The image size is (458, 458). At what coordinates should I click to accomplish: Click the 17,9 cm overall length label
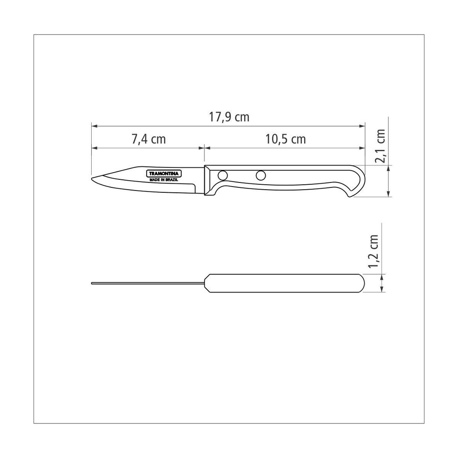point(229,117)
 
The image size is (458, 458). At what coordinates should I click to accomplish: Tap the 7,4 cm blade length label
point(148,139)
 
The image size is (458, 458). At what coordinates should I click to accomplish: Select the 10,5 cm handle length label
point(285,139)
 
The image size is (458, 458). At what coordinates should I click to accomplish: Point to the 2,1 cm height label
point(381,146)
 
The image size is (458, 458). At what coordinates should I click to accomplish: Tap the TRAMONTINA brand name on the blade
point(164,174)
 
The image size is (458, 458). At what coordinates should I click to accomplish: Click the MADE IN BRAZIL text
point(164,180)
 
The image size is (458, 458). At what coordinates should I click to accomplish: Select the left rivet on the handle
point(223,175)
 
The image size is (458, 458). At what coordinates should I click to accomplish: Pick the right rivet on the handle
point(261,175)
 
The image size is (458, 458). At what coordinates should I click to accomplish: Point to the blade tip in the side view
point(92,178)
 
